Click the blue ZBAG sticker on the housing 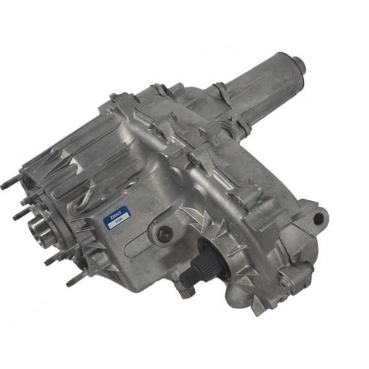click(119, 219)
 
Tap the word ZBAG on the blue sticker click(118, 216)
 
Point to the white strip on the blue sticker click(120, 224)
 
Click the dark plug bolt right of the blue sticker click(165, 233)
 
